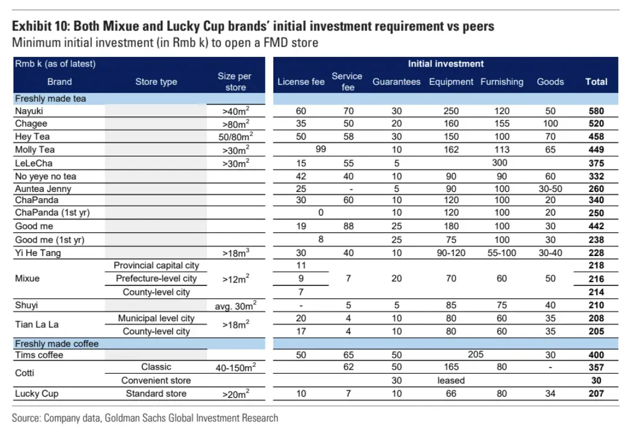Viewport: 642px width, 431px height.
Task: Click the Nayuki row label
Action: (29, 111)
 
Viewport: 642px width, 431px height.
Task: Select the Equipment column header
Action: (451, 82)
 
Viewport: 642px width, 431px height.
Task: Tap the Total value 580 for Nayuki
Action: (596, 111)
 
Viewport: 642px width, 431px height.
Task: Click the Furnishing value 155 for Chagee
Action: (501, 124)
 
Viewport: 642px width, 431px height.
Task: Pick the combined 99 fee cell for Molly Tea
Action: (321, 150)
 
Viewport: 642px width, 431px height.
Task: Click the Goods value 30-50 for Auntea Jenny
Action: (550, 189)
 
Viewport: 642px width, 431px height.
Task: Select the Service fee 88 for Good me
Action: (348, 226)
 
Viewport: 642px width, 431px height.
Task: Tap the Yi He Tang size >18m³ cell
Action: (235, 253)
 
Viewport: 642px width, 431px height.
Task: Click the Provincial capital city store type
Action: (156, 266)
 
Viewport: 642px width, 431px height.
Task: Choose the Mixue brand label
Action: (27, 279)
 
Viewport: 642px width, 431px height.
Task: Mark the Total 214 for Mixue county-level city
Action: (596, 292)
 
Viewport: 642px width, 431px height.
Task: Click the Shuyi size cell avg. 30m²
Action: (235, 306)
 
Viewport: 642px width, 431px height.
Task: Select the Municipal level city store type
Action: (156, 318)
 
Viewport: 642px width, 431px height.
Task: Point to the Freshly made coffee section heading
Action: (57, 344)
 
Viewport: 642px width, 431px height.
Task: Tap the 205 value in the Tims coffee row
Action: (475, 354)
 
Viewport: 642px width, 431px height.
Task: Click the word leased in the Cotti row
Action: (451, 380)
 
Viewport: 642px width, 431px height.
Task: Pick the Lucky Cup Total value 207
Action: (596, 393)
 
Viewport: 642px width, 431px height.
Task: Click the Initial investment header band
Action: (445, 64)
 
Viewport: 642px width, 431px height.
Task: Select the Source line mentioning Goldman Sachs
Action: (145, 418)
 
